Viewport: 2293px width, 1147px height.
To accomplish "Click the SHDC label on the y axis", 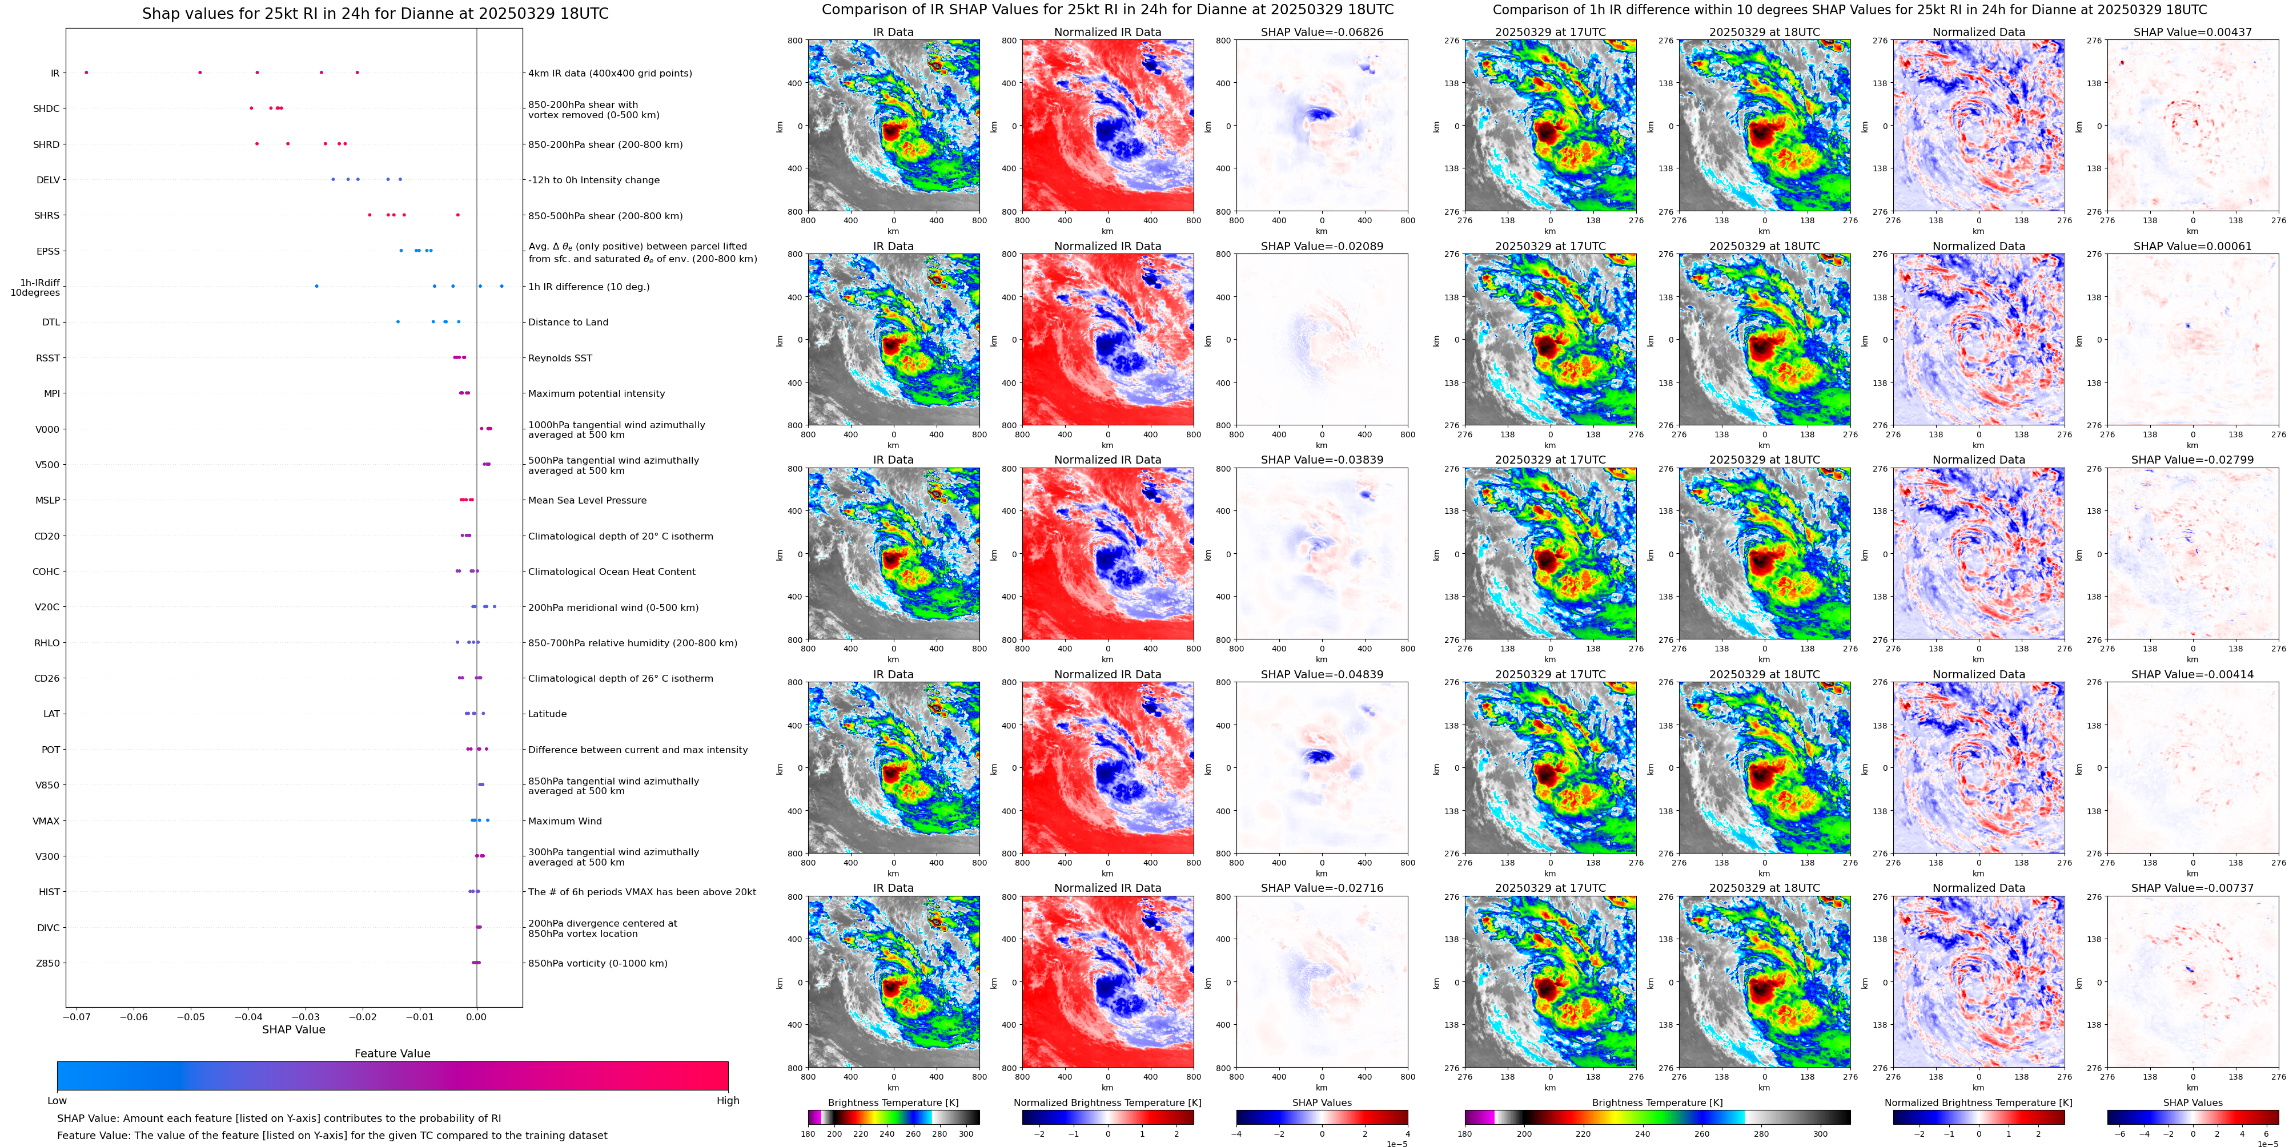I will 46,108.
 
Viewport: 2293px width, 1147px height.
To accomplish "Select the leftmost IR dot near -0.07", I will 86,72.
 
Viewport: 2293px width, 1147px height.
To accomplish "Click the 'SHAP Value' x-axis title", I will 293,1029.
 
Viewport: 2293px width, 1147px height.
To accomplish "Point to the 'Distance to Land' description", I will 568,322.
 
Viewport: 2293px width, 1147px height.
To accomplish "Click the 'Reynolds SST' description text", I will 560,358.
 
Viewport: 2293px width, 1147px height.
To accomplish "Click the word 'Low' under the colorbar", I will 57,1101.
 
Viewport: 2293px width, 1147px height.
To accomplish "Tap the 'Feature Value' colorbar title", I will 392,1053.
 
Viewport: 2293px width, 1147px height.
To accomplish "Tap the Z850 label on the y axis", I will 48,963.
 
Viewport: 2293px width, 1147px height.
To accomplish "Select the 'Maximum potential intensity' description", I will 596,393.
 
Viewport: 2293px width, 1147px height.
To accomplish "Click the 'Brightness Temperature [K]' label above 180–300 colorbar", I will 893,1102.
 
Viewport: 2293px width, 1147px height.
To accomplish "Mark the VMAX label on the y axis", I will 46,820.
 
